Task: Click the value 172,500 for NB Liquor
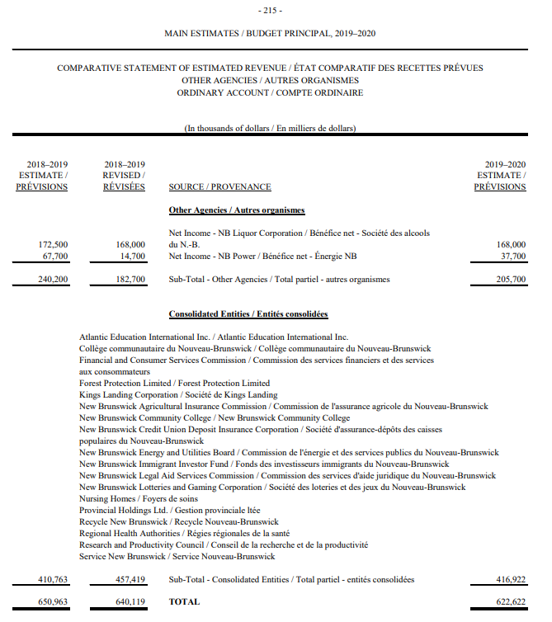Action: click(54, 244)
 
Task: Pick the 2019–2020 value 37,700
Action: click(511, 256)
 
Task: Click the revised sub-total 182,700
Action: click(130, 280)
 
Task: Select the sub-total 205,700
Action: click(509, 280)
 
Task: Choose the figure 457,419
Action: click(130, 580)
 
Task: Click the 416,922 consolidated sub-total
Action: click(509, 580)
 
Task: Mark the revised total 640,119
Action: click(130, 602)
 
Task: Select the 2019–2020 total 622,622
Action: click(509, 602)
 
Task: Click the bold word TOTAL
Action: click(184, 602)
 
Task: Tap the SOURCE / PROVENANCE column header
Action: click(219, 187)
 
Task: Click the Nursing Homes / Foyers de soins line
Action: click(139, 499)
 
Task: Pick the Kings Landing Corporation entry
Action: click(178, 395)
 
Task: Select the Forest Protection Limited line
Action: click(175, 384)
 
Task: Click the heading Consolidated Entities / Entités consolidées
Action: click(248, 314)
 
